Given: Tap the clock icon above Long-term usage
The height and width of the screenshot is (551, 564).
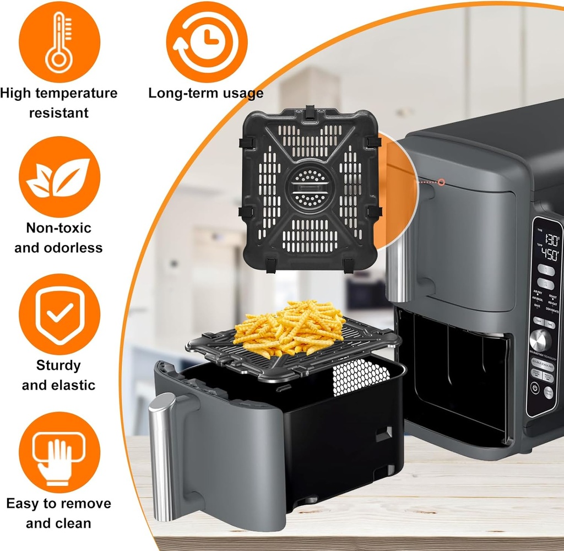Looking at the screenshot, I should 207,42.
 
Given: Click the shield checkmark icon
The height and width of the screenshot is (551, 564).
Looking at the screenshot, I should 59,314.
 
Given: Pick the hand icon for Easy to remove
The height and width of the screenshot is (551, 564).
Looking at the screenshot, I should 59,452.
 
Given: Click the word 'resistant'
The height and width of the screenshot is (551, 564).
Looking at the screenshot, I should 59,113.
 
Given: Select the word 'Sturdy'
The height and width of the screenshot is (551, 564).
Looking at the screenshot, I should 59,365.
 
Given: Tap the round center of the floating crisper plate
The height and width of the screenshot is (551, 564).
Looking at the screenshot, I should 309,188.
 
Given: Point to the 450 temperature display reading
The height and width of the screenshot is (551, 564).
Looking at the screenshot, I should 550,255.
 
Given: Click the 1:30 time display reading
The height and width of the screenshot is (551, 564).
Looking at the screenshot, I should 551,240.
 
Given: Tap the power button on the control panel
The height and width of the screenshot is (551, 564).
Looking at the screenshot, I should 534,388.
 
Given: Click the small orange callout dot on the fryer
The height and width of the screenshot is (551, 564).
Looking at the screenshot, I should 441,181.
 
